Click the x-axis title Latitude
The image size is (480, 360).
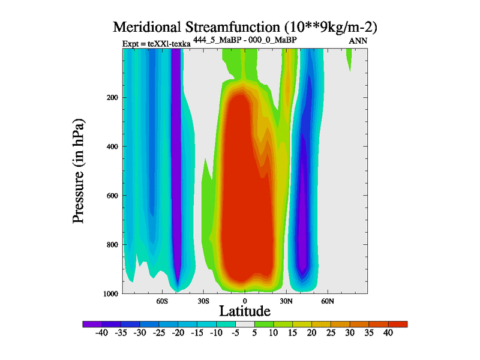click(244, 311)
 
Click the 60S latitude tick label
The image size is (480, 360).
click(162, 300)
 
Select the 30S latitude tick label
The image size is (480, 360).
click(203, 300)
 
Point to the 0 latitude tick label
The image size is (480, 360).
click(244, 300)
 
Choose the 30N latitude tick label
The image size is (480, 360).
click(286, 300)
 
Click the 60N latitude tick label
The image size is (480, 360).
click(327, 300)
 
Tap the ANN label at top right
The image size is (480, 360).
click(358, 41)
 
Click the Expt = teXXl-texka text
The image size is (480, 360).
click(156, 44)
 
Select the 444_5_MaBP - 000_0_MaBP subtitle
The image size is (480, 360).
click(246, 40)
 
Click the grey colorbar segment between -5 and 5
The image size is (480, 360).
click(245, 324)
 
